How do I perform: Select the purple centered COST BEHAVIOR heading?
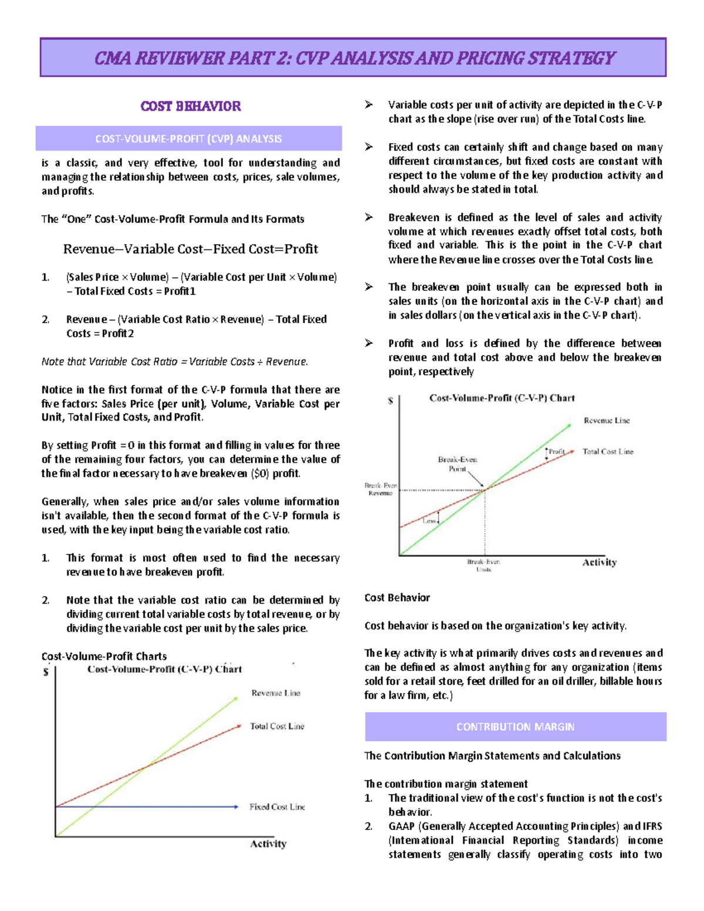click(191, 106)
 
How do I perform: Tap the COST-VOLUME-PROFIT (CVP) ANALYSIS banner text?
click(188, 139)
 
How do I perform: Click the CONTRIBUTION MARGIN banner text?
click(515, 727)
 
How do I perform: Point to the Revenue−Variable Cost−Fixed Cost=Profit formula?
click(191, 249)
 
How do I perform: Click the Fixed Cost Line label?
click(277, 807)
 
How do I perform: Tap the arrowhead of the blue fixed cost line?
click(236, 807)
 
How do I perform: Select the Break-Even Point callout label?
click(458, 464)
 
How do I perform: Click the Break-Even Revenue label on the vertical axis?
click(381, 489)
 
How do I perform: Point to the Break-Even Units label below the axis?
click(483, 565)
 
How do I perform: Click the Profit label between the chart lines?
click(557, 452)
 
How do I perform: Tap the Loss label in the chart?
click(429, 520)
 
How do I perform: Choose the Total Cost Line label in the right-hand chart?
click(608, 452)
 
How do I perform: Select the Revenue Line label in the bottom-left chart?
click(276, 693)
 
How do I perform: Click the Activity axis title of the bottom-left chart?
click(268, 844)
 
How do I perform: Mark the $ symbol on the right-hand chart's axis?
click(391, 401)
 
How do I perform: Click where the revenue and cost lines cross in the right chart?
click(485, 489)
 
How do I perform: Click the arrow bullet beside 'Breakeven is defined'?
click(369, 218)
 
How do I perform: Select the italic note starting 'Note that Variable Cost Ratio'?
click(175, 362)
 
